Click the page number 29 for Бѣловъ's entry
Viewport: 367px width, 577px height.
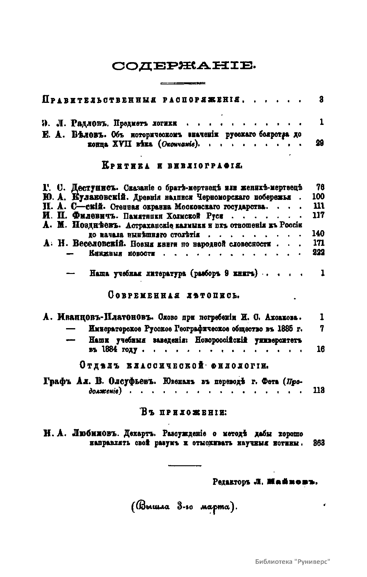[x=320, y=143]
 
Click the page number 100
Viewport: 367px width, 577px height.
[x=318, y=197]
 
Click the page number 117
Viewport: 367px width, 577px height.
[x=318, y=215]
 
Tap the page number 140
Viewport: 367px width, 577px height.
[x=318, y=234]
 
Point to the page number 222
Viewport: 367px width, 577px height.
[x=318, y=253]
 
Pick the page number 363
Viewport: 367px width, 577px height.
[x=319, y=443]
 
